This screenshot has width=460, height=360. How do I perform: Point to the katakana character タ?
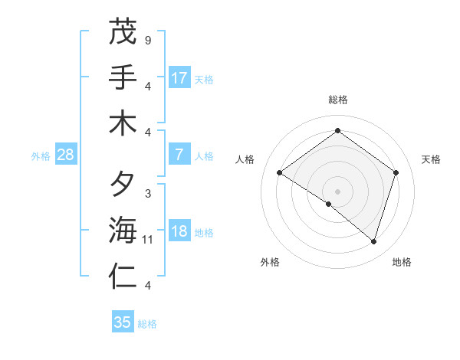tap(123, 185)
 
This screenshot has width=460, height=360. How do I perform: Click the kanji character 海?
tap(123, 231)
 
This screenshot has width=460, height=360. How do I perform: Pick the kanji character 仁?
tap(123, 277)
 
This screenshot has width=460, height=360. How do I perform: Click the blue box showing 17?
tap(179, 77)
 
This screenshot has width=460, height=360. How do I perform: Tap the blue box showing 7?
tap(179, 155)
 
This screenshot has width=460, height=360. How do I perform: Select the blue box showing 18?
tap(179, 232)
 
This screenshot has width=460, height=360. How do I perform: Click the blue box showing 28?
tap(66, 155)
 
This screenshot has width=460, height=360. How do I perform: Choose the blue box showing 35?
tap(123, 322)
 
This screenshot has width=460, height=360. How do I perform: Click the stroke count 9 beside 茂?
tap(147, 39)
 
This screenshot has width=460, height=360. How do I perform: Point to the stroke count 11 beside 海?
tap(148, 240)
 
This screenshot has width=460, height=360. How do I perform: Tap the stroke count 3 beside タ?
tap(147, 193)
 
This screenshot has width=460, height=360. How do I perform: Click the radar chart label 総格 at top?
tap(337, 100)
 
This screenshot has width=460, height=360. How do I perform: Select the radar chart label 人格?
tap(245, 159)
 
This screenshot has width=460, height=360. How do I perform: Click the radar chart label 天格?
tap(431, 159)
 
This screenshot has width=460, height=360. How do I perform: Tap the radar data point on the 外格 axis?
tap(329, 204)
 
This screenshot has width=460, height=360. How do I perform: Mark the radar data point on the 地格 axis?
tap(373, 241)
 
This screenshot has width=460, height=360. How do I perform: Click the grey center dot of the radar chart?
tap(337, 191)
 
